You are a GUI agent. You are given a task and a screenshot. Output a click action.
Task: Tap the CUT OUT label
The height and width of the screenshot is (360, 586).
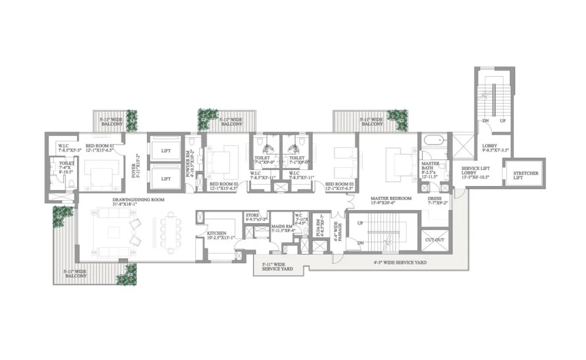coord(434,240)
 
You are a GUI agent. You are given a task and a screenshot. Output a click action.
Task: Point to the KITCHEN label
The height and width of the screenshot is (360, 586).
coord(209,234)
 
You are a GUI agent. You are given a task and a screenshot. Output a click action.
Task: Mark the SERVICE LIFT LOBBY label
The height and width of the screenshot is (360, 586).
coord(478,172)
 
